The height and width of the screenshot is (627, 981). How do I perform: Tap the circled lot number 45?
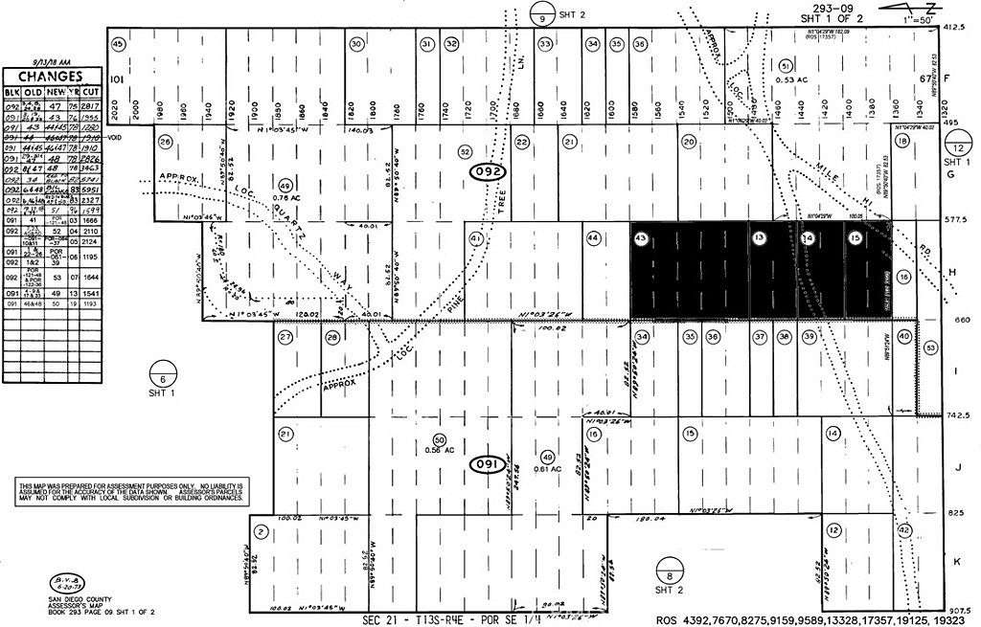point(118,44)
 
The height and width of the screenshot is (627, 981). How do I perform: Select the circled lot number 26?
point(166,143)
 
